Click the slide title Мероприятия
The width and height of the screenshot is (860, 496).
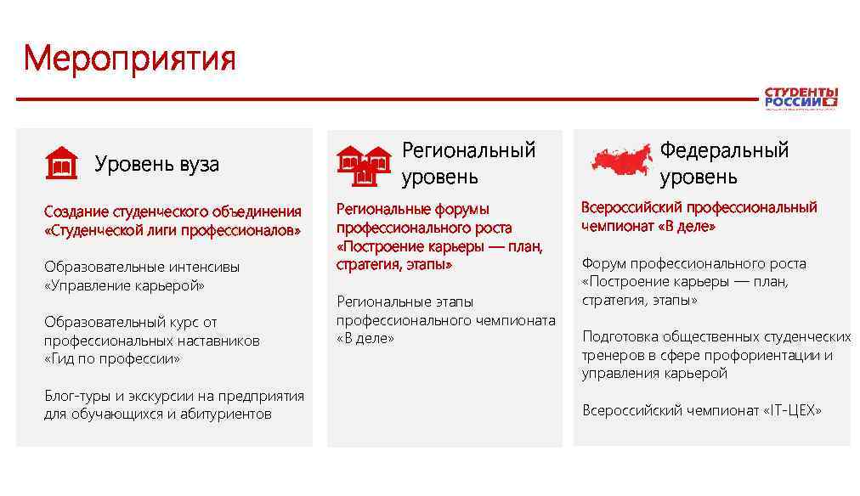pyautogui.click(x=129, y=59)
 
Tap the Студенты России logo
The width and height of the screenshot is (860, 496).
pyautogui.click(x=801, y=98)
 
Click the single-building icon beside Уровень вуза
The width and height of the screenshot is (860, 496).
pyautogui.click(x=61, y=163)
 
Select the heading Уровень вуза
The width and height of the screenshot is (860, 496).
pyautogui.click(x=156, y=164)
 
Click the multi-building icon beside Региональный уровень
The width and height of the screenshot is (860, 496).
pyautogui.click(x=363, y=164)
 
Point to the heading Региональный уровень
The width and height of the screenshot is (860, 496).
pyautogui.click(x=468, y=163)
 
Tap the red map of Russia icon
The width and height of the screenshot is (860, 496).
pyautogui.click(x=622, y=161)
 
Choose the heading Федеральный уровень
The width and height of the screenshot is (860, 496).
pyautogui.click(x=724, y=163)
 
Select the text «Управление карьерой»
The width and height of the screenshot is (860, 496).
pyautogui.click(x=124, y=285)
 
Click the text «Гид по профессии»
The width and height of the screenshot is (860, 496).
pyautogui.click(x=112, y=358)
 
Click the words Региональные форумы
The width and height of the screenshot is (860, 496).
pyautogui.click(x=413, y=209)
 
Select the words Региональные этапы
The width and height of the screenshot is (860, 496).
pyautogui.click(x=405, y=302)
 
